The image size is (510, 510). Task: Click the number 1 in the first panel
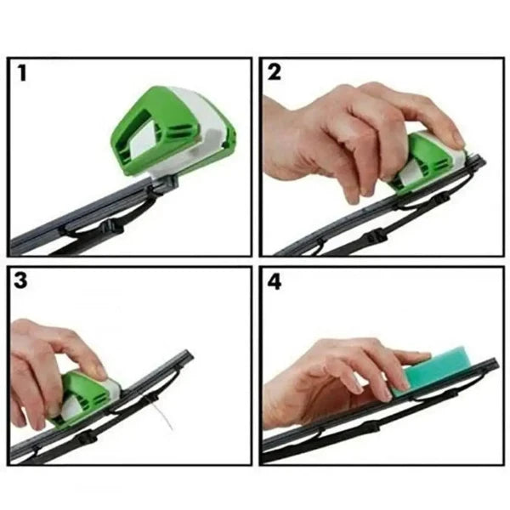[20, 74]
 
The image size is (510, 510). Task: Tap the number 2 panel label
[275, 74]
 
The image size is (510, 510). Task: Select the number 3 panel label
[20, 282]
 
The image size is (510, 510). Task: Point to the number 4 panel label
[275, 282]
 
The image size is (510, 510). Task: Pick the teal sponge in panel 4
[438, 365]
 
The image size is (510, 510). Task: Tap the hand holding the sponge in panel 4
[340, 374]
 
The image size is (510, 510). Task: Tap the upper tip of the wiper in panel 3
[187, 356]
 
